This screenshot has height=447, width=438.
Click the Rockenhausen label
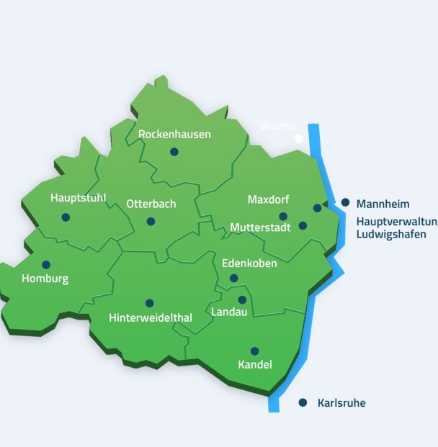[x=174, y=135]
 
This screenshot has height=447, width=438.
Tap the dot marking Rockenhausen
[x=174, y=152]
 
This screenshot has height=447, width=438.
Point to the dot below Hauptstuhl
[x=66, y=217]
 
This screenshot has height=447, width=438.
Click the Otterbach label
[x=151, y=204]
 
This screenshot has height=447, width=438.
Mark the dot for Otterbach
[x=151, y=222]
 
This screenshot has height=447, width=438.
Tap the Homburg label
[x=45, y=279]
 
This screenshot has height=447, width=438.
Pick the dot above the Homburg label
[x=46, y=265]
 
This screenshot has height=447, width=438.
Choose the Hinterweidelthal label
[x=149, y=317]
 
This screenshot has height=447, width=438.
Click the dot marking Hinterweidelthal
[x=149, y=303]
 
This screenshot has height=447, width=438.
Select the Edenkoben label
[x=249, y=263]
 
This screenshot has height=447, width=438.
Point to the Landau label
[x=229, y=312]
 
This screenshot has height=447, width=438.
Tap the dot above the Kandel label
[x=254, y=351]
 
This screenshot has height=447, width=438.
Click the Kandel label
[x=255, y=365]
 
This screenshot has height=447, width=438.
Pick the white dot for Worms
[x=298, y=138]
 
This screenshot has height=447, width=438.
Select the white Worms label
[x=278, y=126]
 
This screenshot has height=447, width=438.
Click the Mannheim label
[x=383, y=204]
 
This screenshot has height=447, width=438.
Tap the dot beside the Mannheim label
[x=346, y=203]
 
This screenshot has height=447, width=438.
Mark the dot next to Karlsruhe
[x=303, y=402]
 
